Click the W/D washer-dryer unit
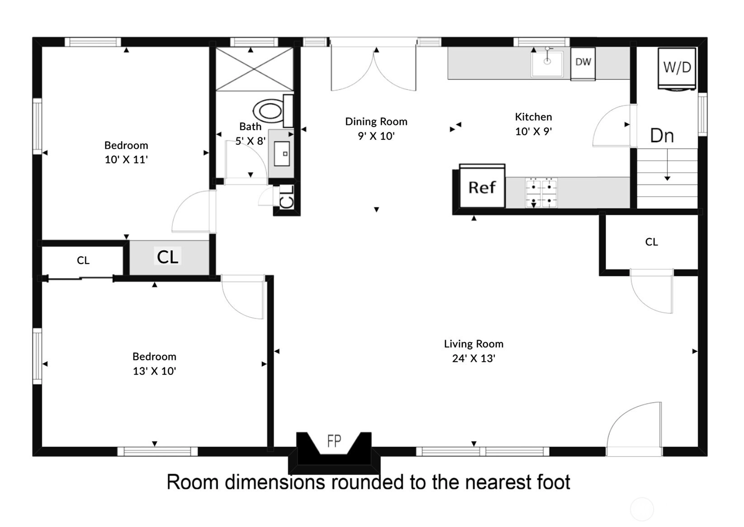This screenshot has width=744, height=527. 677,69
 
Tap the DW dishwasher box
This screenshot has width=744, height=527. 583,64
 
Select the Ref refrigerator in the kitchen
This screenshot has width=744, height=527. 482,186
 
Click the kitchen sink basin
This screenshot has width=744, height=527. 547,64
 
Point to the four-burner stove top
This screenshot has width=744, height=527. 541,193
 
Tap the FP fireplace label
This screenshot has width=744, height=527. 334,441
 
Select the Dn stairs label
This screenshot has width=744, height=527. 662,136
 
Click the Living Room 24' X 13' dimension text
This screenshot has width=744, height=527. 474,358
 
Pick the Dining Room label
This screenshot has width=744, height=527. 376,122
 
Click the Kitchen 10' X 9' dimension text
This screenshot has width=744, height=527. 533,132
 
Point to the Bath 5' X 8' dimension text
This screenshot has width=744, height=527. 251,141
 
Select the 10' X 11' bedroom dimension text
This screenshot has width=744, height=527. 126,160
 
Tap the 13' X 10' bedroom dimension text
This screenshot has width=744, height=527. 154,371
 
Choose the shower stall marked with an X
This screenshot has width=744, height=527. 255,69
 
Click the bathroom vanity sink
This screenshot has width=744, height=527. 282,154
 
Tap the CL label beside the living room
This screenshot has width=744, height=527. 651,242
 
